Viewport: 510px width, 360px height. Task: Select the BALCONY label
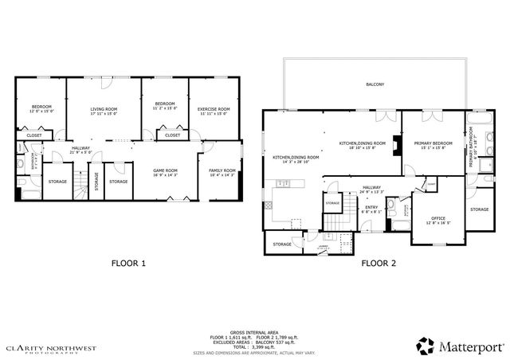[x=375, y=84]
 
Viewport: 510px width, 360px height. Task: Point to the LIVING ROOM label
[x=104, y=111]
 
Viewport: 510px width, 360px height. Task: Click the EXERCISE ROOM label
[x=214, y=111]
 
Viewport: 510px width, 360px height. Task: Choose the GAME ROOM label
[x=165, y=172]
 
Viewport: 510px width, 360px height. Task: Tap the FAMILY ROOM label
[x=222, y=172]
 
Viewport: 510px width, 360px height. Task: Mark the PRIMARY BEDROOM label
[x=433, y=145]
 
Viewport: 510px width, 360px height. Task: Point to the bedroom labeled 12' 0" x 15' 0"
[x=41, y=109]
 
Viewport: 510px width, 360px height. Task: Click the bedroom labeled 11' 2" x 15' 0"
[x=165, y=107]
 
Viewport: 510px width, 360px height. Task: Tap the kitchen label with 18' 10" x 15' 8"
[x=363, y=145]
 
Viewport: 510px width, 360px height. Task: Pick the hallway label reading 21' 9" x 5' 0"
[x=81, y=150]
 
